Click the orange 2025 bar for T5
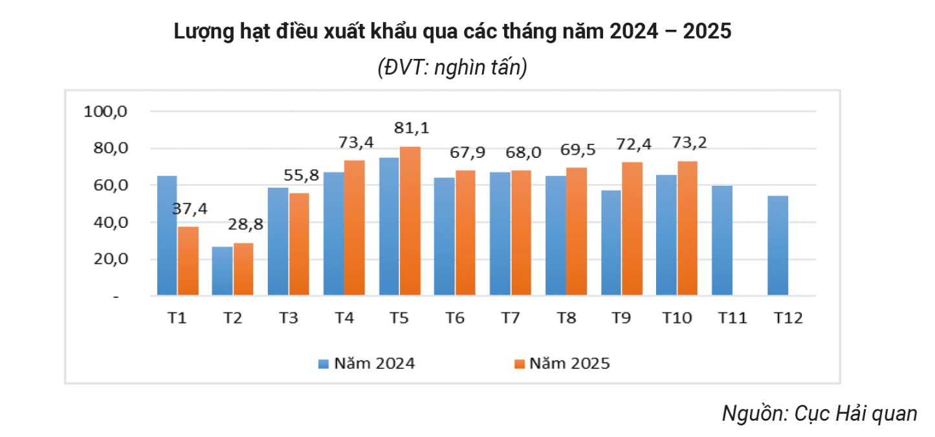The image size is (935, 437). (410, 221)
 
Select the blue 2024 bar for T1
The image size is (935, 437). (166, 236)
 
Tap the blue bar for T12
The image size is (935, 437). (777, 246)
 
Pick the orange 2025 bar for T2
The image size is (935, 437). (243, 269)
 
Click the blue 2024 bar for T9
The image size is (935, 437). (611, 243)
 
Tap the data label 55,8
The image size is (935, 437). (300, 175)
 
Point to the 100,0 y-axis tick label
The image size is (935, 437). (107, 111)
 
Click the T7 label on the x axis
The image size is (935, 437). (511, 318)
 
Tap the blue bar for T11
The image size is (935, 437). (721, 241)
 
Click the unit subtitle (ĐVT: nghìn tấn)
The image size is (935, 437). (452, 67)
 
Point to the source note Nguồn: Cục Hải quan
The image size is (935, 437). (819, 413)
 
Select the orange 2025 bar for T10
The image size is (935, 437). (687, 229)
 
